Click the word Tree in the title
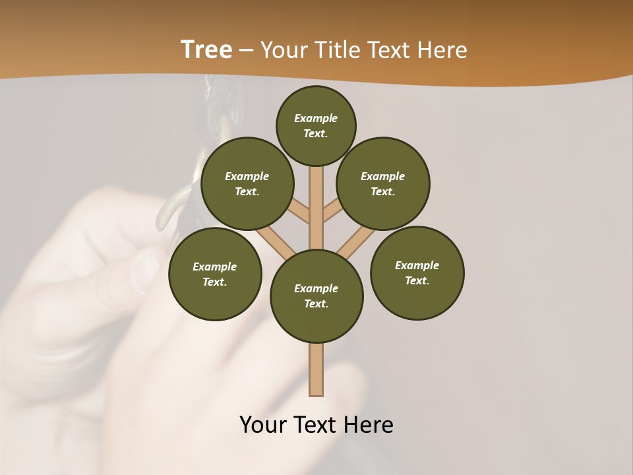click(x=206, y=50)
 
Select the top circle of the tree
click(x=316, y=125)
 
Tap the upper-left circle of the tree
click(x=247, y=183)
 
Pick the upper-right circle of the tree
click(x=383, y=183)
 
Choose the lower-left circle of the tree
click(x=215, y=274)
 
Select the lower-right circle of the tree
click(x=417, y=272)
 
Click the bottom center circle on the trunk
click(x=316, y=296)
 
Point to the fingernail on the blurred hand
click(x=146, y=271)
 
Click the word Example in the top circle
click(x=316, y=119)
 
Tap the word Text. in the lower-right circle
click(x=417, y=280)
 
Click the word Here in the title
click(x=441, y=50)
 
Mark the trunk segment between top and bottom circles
click(x=316, y=211)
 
